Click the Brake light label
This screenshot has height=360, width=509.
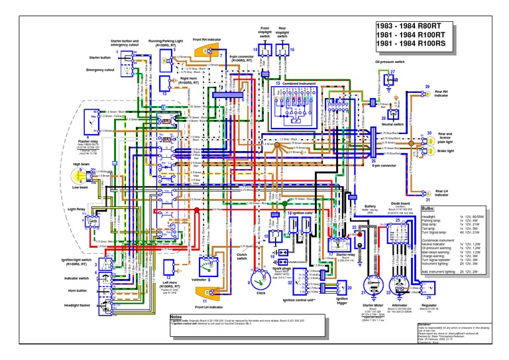click(445, 151)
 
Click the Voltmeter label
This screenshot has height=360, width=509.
click(199, 280)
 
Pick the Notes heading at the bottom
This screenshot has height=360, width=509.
click(176, 317)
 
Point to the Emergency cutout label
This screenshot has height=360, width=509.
click(100, 69)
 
